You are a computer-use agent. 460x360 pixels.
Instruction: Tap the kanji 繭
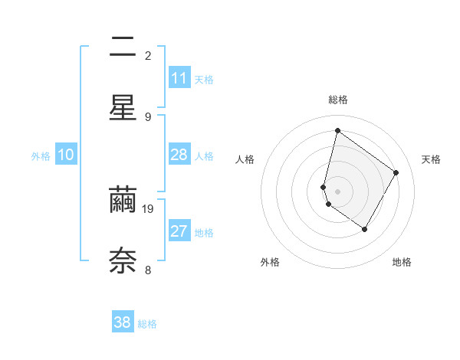click(x=123, y=200)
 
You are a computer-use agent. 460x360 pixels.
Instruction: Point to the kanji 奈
click(x=123, y=260)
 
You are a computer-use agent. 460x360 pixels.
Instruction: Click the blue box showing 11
click(x=179, y=78)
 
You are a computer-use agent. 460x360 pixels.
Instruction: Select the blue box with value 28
click(x=179, y=155)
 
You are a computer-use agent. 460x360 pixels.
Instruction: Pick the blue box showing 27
click(x=179, y=231)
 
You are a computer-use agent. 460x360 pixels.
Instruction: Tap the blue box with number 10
click(x=66, y=155)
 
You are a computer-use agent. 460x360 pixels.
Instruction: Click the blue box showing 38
click(x=123, y=322)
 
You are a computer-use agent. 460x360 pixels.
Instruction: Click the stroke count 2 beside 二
click(x=148, y=55)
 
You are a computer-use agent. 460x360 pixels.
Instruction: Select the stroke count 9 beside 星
click(x=148, y=116)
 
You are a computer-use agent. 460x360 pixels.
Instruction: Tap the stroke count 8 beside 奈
click(x=148, y=269)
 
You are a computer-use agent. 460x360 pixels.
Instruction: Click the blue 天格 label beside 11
click(x=204, y=80)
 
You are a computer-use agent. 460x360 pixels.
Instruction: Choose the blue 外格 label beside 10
click(x=41, y=156)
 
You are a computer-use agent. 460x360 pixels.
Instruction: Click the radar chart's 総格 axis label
click(x=338, y=100)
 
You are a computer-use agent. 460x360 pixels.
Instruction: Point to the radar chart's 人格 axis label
click(x=245, y=159)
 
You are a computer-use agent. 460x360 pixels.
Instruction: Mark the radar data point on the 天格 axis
click(x=396, y=172)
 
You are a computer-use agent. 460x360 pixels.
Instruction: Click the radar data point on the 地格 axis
click(x=364, y=229)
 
